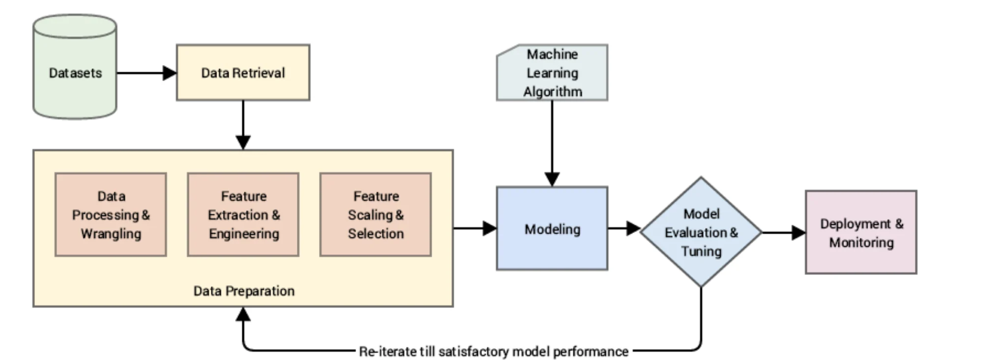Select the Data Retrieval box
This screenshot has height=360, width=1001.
[x=243, y=73]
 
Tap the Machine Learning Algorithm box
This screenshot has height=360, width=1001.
[x=552, y=73]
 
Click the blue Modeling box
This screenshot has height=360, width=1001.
[x=552, y=229]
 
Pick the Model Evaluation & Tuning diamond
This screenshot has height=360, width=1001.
[x=701, y=232]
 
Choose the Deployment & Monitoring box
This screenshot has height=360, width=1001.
[x=861, y=232]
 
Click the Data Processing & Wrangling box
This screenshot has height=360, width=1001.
[x=111, y=214]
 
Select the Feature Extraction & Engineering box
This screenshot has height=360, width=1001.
[x=243, y=214]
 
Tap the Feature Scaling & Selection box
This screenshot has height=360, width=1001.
[x=376, y=214]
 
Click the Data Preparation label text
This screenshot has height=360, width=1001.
[x=244, y=291]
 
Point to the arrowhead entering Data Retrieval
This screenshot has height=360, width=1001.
[x=170, y=73]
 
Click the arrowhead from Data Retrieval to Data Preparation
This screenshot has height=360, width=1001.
[x=243, y=142]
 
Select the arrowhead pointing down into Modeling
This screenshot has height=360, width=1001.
[x=552, y=180]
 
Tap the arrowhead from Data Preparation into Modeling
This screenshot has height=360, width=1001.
[x=490, y=228]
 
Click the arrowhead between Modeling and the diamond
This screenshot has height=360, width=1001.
[x=633, y=228]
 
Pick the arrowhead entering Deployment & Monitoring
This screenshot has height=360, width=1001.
[x=798, y=232]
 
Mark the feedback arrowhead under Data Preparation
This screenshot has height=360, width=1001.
[x=243, y=314]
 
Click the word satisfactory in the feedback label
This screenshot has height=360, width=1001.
[x=473, y=352]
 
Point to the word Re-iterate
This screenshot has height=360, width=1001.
[x=388, y=352]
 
